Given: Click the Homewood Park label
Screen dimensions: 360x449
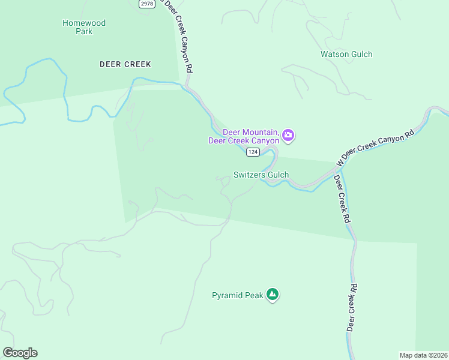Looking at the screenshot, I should pyautogui.click(x=84, y=27).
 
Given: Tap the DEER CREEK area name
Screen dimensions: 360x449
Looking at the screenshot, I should pyautogui.click(x=125, y=64).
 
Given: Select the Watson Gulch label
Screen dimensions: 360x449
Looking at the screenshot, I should pyautogui.click(x=346, y=54).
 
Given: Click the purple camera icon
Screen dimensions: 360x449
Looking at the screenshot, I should pyautogui.click(x=288, y=136).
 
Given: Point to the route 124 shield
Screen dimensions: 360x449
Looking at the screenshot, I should pyautogui.click(x=252, y=152).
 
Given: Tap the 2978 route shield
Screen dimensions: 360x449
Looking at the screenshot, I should pyautogui.click(x=146, y=4).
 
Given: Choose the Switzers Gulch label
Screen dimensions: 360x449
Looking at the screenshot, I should pyautogui.click(x=261, y=175).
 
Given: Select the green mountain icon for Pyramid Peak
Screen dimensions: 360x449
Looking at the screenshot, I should pyautogui.click(x=273, y=295).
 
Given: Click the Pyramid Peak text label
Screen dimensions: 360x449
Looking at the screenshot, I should pyautogui.click(x=238, y=295).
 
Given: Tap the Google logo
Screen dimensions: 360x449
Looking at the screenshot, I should pyautogui.click(x=20, y=353).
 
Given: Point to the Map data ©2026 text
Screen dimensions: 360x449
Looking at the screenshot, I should pyautogui.click(x=423, y=355).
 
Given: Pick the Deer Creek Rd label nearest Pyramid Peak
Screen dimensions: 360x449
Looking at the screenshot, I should pyautogui.click(x=352, y=307).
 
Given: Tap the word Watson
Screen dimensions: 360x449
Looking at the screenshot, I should pyautogui.click(x=334, y=54).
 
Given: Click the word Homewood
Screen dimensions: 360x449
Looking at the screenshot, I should pyautogui.click(x=84, y=23).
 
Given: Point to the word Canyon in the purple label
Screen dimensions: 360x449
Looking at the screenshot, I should pyautogui.click(x=265, y=141).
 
